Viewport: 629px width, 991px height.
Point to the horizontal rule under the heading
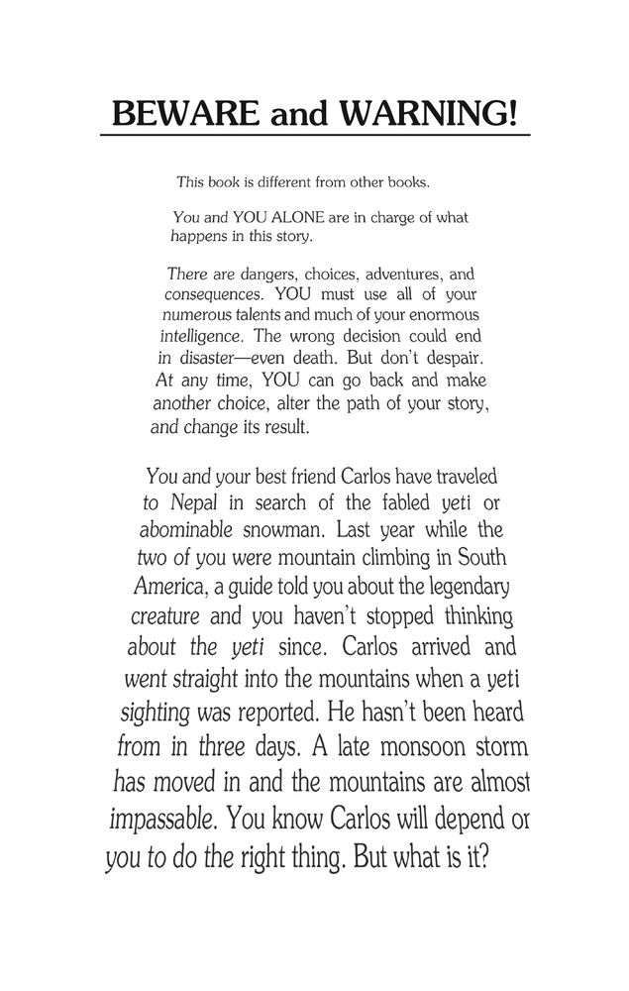(x=315, y=136)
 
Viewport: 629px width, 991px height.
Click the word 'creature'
(x=167, y=616)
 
